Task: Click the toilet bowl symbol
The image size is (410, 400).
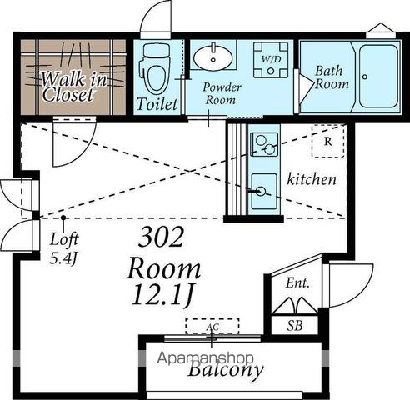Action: [x=156, y=69]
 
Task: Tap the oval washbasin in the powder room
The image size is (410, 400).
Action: [x=213, y=57]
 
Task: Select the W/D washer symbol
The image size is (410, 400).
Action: [x=271, y=60]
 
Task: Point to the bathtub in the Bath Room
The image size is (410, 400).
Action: [x=378, y=76]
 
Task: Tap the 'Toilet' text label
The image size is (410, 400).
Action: [x=157, y=104]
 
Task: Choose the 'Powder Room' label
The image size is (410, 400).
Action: [x=222, y=93]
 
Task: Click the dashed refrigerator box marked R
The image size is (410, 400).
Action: [x=328, y=142]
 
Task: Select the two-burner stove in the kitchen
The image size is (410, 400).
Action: [x=264, y=144]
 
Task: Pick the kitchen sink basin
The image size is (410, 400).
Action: [x=264, y=192]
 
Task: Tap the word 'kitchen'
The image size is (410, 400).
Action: [x=312, y=179]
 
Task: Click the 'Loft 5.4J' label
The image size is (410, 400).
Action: [x=64, y=248]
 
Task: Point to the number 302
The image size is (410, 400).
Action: [x=161, y=237]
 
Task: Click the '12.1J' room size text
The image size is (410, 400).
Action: [x=162, y=294]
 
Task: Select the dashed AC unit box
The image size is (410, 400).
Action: [x=212, y=326]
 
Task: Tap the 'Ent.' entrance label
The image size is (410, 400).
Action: [x=297, y=283]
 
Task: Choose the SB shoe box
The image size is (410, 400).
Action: [x=295, y=325]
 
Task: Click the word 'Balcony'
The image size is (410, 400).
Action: [x=225, y=369]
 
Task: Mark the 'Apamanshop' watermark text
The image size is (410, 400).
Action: [x=205, y=358]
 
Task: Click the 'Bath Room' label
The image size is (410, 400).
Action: [x=332, y=77]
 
